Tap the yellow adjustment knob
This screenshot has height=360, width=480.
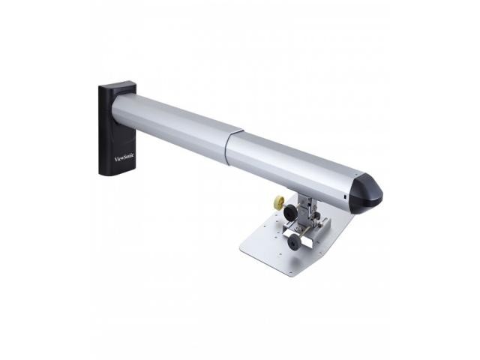pyautogui.click(x=280, y=202)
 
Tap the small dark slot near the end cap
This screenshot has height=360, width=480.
pyautogui.click(x=344, y=196)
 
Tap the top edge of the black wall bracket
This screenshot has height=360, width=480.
pyautogui.click(x=116, y=85)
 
